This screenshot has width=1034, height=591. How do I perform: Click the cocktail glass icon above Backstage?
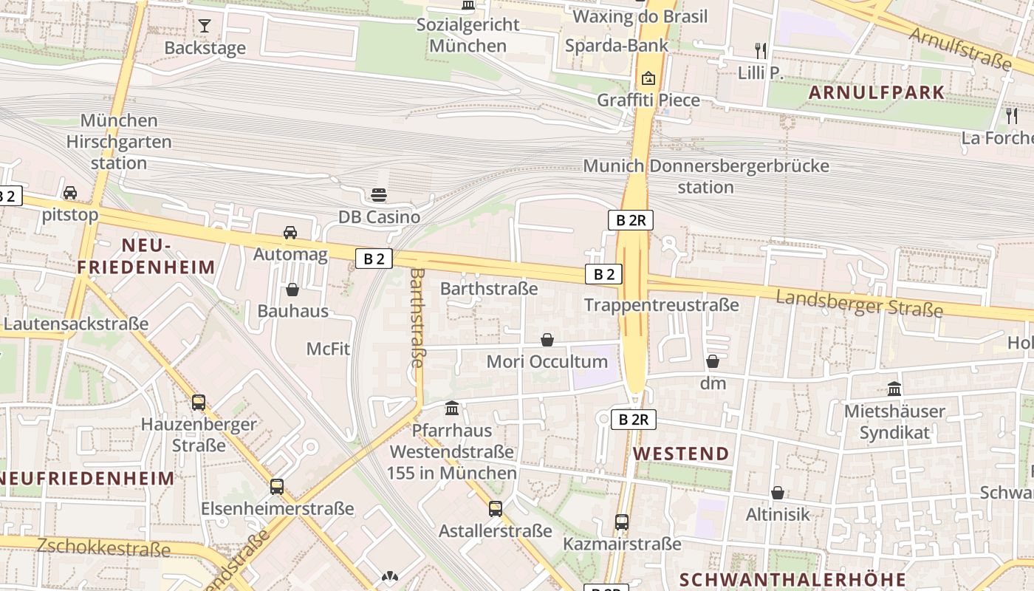(205, 26)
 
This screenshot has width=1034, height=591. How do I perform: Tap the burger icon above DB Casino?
(379, 195)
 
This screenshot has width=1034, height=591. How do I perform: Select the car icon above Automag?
(290, 232)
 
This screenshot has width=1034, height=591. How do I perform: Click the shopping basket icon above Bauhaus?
(292, 290)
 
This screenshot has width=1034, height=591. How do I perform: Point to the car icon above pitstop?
(70, 193)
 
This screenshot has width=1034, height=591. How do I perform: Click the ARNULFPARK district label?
(877, 92)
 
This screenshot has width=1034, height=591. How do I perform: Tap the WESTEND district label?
(681, 454)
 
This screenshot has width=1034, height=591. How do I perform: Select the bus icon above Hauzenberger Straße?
(199, 403)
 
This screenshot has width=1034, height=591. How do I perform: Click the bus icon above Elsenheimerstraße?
(277, 487)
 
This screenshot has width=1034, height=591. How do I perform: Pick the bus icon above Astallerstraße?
(496, 509)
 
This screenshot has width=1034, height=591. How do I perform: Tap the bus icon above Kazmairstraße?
(622, 522)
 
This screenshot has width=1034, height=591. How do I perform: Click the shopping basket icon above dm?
(713, 361)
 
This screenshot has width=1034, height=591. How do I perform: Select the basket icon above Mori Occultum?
(547, 340)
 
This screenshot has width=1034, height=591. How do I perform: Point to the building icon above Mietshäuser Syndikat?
(894, 389)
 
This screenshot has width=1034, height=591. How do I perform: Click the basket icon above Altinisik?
(778, 493)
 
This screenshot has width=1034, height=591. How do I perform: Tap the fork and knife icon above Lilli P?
(760, 50)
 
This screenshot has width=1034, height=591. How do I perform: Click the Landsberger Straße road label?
(860, 304)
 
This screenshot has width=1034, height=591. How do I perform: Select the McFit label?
(328, 349)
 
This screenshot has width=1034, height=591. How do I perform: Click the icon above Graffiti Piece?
(648, 78)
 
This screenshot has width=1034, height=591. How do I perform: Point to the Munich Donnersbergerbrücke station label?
(706, 177)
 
